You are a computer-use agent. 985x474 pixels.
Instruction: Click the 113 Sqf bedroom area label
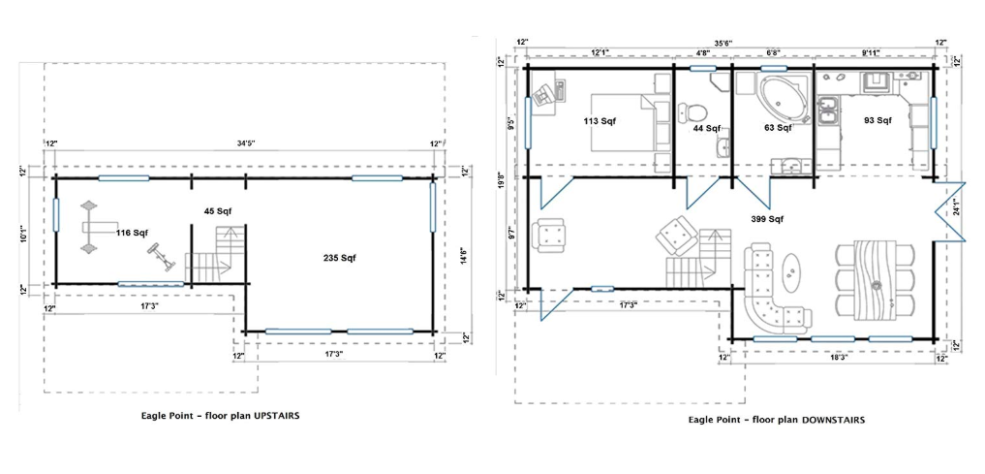click(599, 121)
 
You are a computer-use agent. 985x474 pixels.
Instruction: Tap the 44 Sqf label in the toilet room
click(707, 128)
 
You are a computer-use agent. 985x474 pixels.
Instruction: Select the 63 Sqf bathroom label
click(777, 128)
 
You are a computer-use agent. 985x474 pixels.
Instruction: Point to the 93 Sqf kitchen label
click(878, 120)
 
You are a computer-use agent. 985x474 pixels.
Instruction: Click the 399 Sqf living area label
click(767, 219)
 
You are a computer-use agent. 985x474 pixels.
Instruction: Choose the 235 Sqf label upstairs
click(340, 258)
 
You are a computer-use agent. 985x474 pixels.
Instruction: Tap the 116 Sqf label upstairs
click(132, 234)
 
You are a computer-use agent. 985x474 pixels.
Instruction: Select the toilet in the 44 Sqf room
click(693, 112)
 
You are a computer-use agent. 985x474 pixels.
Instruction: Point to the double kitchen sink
click(828, 111)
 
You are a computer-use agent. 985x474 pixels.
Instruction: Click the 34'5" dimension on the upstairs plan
click(246, 144)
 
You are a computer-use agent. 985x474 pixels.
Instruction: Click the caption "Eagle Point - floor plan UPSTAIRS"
click(219, 416)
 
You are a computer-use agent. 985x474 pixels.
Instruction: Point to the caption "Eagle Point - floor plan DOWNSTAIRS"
click(777, 420)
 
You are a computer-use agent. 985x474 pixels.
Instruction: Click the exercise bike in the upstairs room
click(162, 258)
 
